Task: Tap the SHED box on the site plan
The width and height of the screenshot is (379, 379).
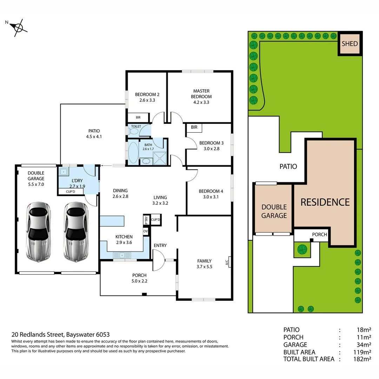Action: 350,44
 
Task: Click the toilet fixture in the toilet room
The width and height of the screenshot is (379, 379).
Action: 134,131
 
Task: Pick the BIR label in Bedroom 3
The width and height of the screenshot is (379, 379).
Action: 194,127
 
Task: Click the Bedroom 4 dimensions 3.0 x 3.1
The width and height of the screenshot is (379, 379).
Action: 211,197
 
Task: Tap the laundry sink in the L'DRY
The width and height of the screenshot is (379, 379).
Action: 63,172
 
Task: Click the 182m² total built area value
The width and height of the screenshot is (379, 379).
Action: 362,359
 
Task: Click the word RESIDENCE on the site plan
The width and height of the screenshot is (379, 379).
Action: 325,202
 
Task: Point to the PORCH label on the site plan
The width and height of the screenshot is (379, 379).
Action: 319,234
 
